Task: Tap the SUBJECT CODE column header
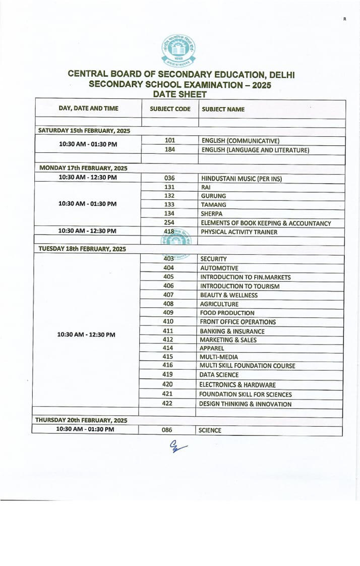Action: point(170,109)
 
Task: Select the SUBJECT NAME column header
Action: point(223,109)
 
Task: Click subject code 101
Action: point(170,141)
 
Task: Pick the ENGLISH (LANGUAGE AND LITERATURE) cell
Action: point(255,150)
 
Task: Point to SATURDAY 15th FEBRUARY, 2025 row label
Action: point(84,131)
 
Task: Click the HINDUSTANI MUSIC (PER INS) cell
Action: point(241,178)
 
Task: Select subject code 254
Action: point(169,222)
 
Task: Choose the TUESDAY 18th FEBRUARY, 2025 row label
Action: point(82,249)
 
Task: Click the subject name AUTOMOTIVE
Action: point(219,268)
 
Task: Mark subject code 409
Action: point(168,312)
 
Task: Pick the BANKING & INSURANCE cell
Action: point(232,331)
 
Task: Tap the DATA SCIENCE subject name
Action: point(219,375)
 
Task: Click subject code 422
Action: point(167,404)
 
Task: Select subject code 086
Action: point(167,430)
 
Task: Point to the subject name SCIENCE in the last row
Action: point(210,431)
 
